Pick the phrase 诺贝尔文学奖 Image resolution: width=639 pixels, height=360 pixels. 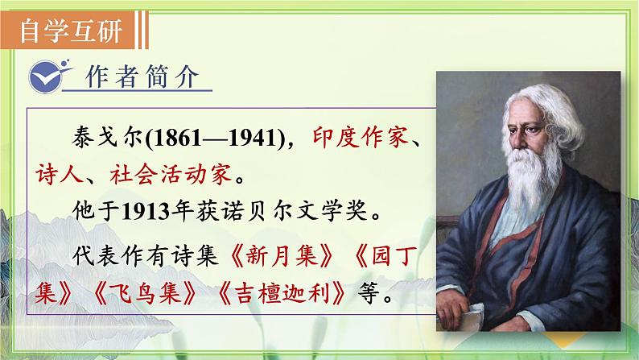(x=295, y=213)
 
